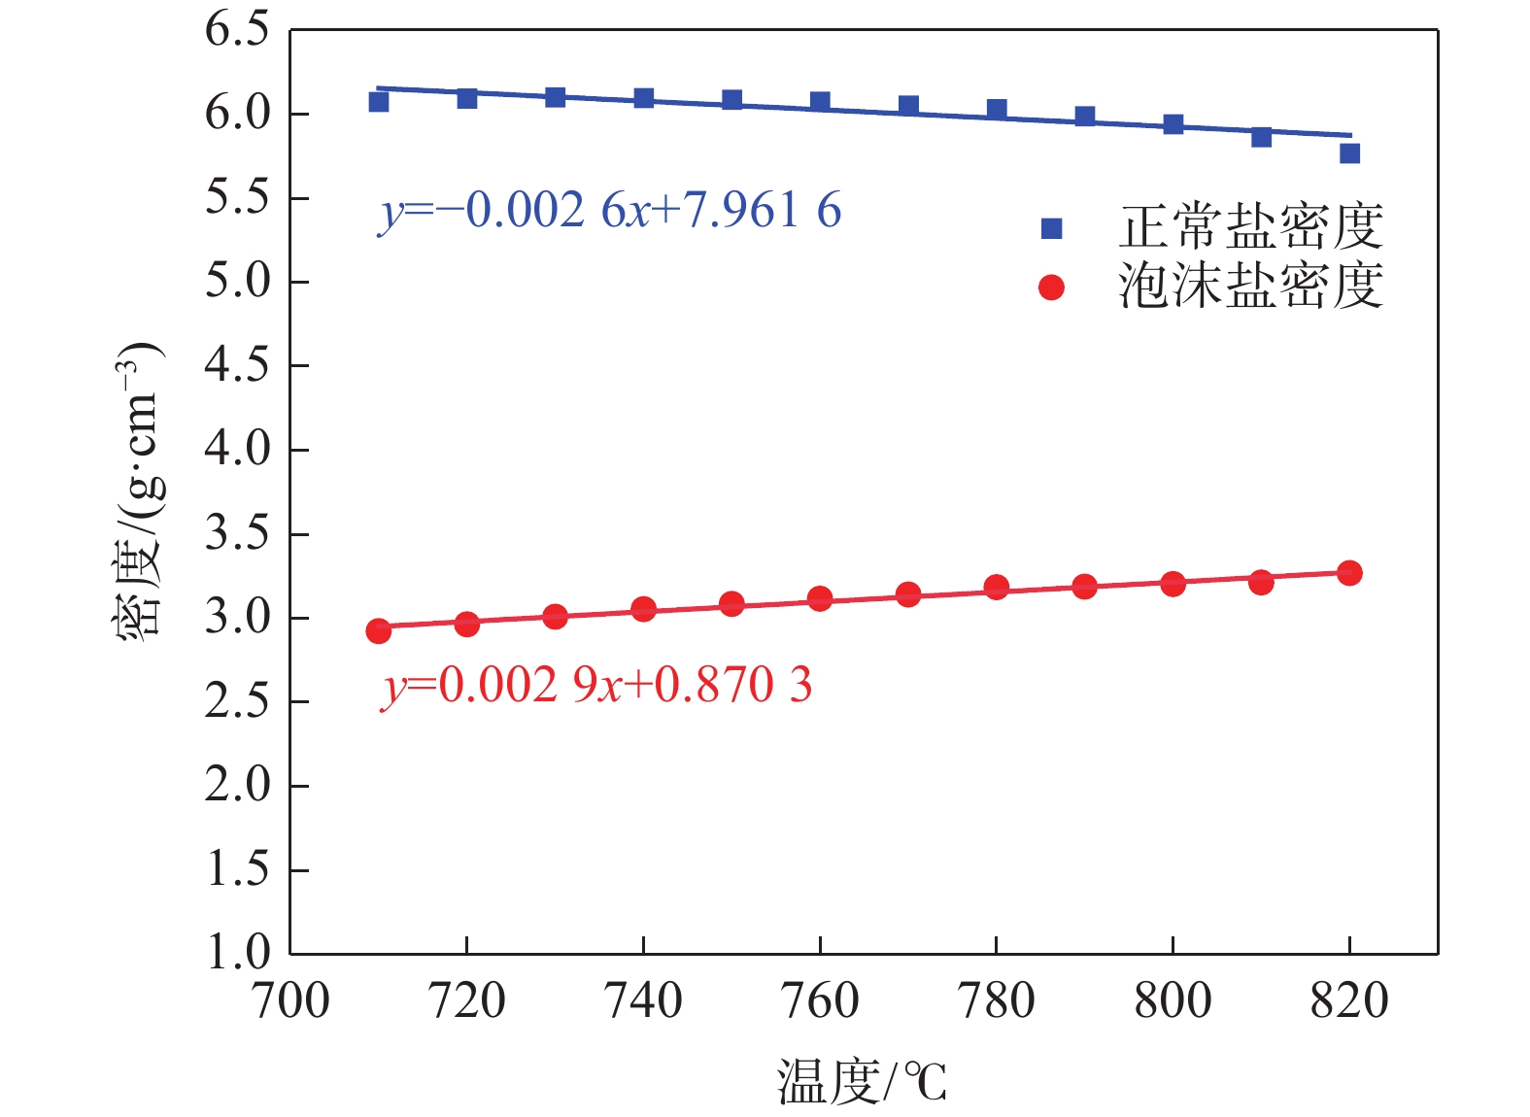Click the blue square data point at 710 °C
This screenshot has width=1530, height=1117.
tap(379, 101)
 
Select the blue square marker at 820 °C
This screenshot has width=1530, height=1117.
tap(1349, 153)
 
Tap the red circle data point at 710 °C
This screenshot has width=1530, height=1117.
tap(379, 631)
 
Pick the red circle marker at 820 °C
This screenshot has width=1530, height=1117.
tap(1349, 573)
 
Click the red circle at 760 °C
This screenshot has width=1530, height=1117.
tap(820, 598)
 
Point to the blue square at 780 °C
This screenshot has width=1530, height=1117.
tap(997, 109)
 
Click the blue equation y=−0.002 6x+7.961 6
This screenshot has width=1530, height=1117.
tap(610, 211)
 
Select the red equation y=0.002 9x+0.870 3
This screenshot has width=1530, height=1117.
tap(596, 686)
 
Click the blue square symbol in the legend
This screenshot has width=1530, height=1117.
tap(1051, 228)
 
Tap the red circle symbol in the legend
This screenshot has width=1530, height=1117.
tap(1051, 288)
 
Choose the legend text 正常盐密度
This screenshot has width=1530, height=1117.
tap(1250, 227)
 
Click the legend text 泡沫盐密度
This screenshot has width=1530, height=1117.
tap(1250, 287)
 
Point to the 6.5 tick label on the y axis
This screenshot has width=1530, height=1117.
tap(237, 30)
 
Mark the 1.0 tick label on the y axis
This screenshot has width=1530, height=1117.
tap(237, 953)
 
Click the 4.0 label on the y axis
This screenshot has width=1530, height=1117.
tap(237, 450)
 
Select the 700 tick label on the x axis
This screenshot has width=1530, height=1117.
tap(290, 1001)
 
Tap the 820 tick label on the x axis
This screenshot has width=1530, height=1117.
tap(1349, 1001)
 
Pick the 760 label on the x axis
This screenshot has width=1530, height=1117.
tap(820, 1001)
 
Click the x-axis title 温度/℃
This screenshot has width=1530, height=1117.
tap(861, 1082)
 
